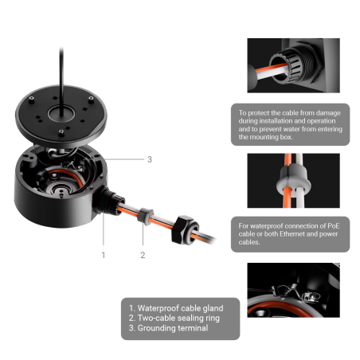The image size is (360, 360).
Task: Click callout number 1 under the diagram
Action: tap(104, 255)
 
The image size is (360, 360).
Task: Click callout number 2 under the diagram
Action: tap(143, 255)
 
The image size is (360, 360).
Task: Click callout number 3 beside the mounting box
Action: tap(150, 159)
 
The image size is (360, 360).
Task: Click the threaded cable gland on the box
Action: tap(110, 201)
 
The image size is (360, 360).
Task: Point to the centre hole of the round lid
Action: tap(61, 114)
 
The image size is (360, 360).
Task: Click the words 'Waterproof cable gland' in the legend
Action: tap(180, 308)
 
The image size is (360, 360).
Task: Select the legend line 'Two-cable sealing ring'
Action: tap(174, 318)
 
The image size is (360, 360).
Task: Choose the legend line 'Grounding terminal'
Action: tap(168, 328)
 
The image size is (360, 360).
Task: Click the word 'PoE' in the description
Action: tap(334, 226)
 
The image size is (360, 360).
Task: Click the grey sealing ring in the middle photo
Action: tap(294, 180)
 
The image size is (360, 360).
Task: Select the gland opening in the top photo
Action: tap(280, 69)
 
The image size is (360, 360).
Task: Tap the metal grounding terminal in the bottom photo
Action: tap(296, 293)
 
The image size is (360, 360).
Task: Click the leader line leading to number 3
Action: tap(124, 159)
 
